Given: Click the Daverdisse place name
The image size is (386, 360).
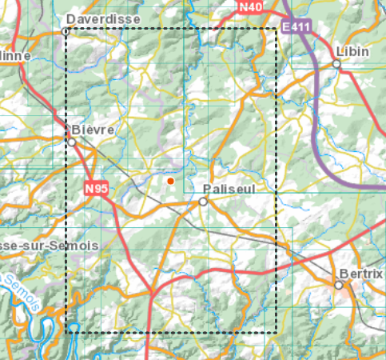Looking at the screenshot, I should (x=103, y=18).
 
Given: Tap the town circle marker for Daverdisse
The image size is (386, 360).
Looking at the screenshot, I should (x=66, y=31).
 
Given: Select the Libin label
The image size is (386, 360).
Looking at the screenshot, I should (x=352, y=51).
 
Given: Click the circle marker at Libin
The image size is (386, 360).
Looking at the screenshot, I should (x=337, y=66).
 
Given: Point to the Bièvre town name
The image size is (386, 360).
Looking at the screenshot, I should (x=94, y=129).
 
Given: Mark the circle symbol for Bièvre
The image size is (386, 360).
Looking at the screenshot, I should (x=72, y=142).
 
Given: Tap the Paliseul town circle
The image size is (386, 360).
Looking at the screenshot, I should (x=203, y=202).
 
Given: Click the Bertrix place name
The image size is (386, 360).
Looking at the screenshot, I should (x=361, y=273).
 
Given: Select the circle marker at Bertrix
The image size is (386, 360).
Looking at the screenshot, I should (x=339, y=285).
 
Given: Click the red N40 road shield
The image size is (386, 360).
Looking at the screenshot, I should (x=250, y=7).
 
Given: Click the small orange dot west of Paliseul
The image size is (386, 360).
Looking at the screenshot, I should (x=170, y=182).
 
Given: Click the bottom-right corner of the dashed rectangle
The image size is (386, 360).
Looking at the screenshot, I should (x=277, y=332).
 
